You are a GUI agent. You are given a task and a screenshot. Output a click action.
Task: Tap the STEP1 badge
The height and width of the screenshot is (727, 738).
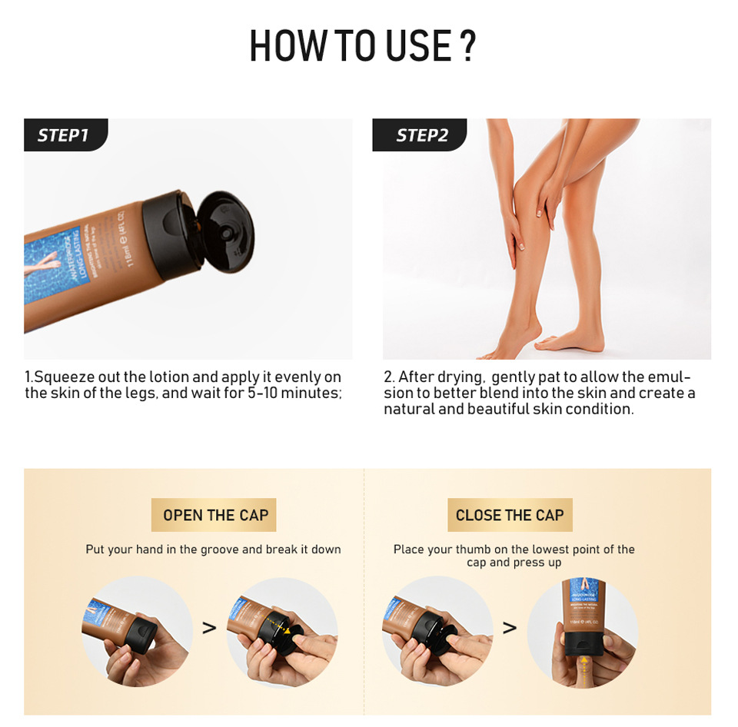tap(63, 135)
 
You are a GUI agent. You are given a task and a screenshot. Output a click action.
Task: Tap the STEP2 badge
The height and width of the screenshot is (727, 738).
tap(421, 135)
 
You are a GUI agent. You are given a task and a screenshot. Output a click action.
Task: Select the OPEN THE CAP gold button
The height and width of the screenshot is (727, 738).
tap(215, 515)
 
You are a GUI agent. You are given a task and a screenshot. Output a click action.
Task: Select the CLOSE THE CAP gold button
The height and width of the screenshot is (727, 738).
tap(510, 515)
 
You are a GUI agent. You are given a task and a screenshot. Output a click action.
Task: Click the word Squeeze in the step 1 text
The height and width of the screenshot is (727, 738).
tap(59, 377)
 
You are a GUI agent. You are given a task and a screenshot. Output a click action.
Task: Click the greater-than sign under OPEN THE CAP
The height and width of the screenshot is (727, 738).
tap(209, 628)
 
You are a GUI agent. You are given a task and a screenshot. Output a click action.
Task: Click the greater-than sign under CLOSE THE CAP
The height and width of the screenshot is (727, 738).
tap(509, 628)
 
